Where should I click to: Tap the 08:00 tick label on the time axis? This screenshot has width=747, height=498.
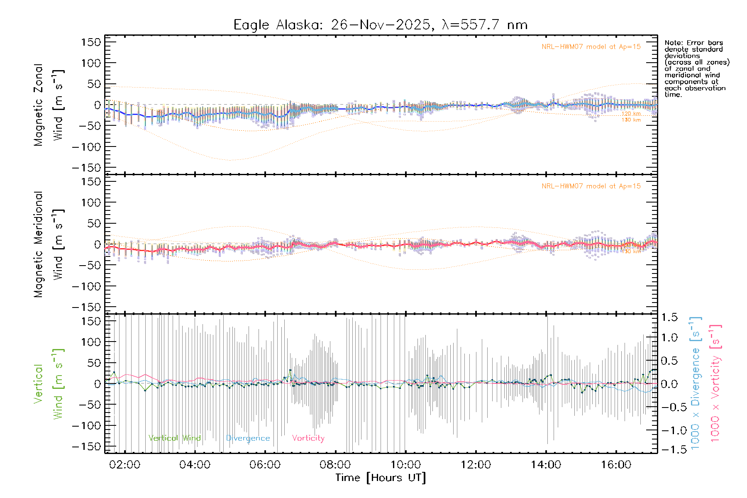click(x=335, y=464)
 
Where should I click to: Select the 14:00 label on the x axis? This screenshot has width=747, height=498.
click(x=546, y=464)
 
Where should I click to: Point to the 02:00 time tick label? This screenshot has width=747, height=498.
click(x=124, y=464)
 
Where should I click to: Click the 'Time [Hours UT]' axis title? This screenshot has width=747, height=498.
click(x=381, y=478)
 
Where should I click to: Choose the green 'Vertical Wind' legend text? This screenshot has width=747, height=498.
click(x=174, y=438)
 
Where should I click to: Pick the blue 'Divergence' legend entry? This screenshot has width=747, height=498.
click(x=248, y=438)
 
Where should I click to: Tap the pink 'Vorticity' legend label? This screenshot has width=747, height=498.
click(x=308, y=438)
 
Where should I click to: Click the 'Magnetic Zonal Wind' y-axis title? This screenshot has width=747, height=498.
click(x=49, y=105)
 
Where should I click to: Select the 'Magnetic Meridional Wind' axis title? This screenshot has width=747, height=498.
click(x=49, y=244)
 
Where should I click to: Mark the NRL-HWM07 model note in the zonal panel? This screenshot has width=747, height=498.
click(x=591, y=47)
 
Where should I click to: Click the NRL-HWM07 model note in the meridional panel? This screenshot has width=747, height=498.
click(x=591, y=186)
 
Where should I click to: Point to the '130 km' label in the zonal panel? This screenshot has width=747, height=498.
click(x=631, y=120)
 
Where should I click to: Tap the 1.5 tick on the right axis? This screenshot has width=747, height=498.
click(x=669, y=317)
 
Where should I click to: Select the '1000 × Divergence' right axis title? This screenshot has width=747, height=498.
click(x=695, y=383)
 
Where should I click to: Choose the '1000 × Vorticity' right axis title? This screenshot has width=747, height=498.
click(x=715, y=383)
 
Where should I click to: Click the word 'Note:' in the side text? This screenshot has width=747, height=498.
click(x=674, y=43)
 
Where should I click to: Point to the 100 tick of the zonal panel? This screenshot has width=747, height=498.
click(x=91, y=63)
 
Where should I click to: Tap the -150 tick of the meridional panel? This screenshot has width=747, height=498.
click(x=86, y=307)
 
